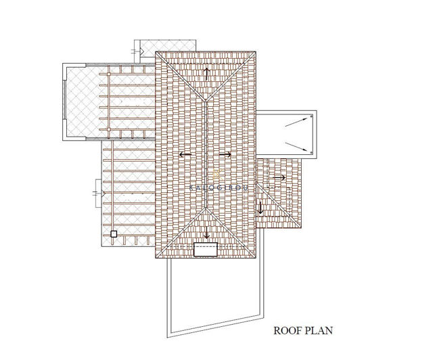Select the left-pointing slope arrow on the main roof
(x=185, y=155)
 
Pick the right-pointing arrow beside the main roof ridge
(x=225, y=155)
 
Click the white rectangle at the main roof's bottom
(x=206, y=250)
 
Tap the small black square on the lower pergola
(x=114, y=234)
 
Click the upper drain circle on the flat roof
(x=311, y=116)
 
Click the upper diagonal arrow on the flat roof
(x=295, y=122)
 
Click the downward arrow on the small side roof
(x=260, y=207)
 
